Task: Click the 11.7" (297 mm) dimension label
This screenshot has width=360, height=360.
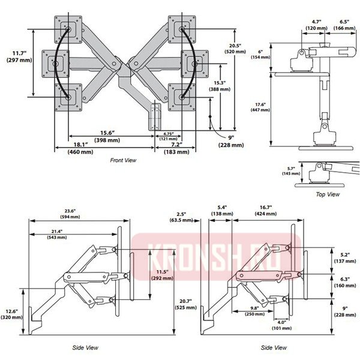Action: (17, 56)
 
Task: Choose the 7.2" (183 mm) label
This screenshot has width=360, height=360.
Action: (176, 148)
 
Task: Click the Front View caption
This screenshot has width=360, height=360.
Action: (123, 160)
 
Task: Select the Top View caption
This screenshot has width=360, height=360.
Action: (328, 194)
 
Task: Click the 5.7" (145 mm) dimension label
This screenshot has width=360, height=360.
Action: (289, 171)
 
